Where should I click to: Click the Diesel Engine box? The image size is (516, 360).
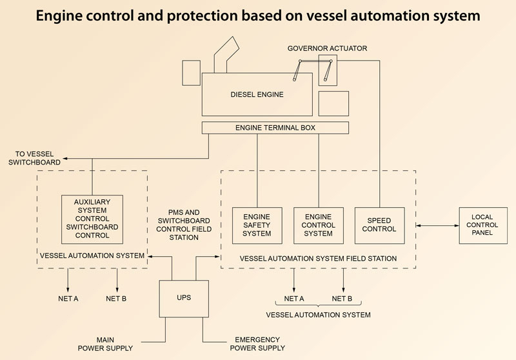pyautogui.click(x=257, y=94)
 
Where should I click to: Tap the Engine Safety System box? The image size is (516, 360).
pyautogui.click(x=256, y=225)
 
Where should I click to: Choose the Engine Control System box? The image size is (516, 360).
pyautogui.click(x=318, y=225)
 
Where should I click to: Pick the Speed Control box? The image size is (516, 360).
pyautogui.click(x=380, y=225)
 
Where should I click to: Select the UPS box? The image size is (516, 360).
pyautogui.click(x=184, y=298)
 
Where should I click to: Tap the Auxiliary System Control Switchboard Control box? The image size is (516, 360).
pyautogui.click(x=92, y=218)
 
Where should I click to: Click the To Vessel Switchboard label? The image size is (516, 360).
pyautogui.click(x=35, y=158)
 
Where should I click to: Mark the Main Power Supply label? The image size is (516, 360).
pyautogui.click(x=105, y=344)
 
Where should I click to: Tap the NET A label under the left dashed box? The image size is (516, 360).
pyautogui.click(x=68, y=299)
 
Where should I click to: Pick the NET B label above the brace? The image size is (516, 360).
pyautogui.click(x=342, y=299)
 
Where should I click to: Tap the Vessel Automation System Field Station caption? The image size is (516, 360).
pyautogui.click(x=317, y=258)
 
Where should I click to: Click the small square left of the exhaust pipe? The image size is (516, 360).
pyautogui.click(x=191, y=72)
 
